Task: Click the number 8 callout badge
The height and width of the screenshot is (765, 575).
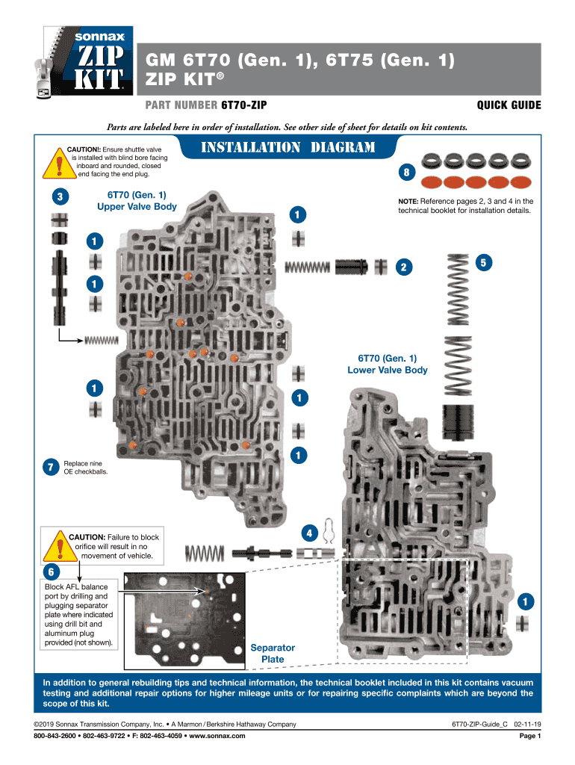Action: (x=405, y=173)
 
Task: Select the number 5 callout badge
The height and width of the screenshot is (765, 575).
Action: (x=484, y=262)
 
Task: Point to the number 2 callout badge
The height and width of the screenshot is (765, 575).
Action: (x=404, y=267)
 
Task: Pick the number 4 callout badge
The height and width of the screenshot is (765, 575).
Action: (x=308, y=533)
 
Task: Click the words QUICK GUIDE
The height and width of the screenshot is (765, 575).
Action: (x=509, y=105)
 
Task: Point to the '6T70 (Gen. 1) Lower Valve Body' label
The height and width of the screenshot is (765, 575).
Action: (x=387, y=364)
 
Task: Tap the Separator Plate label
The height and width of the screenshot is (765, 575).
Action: (x=273, y=653)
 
